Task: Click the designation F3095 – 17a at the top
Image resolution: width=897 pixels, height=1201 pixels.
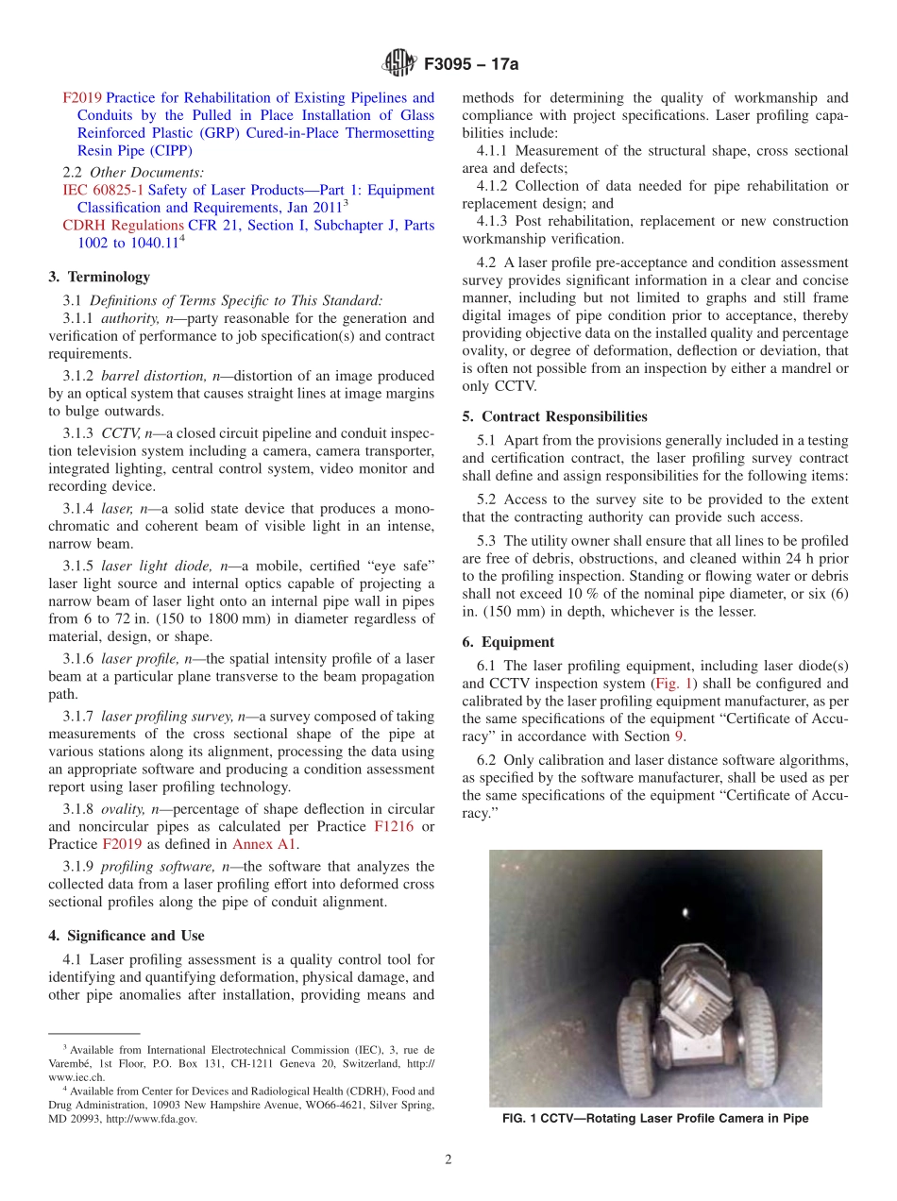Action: point(469,65)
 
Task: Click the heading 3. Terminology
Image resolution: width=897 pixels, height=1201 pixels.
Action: point(99,277)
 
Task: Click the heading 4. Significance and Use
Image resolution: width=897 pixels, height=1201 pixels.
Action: point(126,936)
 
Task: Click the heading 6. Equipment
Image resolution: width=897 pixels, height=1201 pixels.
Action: point(507,642)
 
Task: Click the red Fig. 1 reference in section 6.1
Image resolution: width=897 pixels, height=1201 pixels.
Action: point(672,683)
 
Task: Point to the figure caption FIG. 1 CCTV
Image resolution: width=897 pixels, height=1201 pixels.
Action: point(655,1119)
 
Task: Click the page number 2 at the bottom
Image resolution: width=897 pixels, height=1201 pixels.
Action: point(448,1160)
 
